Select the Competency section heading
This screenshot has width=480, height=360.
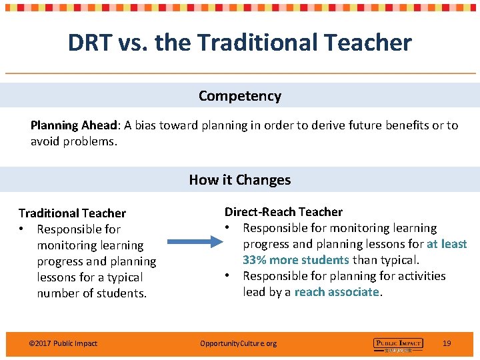coord(240,96)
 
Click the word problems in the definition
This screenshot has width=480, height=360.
coord(91,141)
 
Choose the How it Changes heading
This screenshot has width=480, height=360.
coord(240,180)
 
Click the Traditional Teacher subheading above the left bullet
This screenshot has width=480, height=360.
coord(72,213)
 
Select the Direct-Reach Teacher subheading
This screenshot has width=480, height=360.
coord(283,212)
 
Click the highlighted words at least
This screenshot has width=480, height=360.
coord(447,244)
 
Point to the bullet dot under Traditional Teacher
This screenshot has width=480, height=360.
coord(23,229)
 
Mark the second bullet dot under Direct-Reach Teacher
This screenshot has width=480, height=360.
coord(228,276)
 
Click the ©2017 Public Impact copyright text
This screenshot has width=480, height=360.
coord(63,343)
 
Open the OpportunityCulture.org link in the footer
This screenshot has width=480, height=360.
coord(238,343)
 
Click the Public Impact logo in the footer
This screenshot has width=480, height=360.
coord(398,344)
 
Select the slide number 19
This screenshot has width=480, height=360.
coord(447,343)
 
